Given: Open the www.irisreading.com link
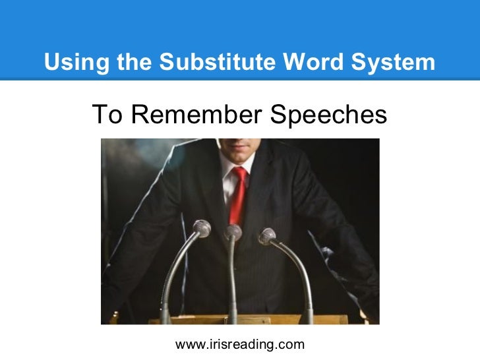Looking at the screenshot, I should click(x=239, y=344).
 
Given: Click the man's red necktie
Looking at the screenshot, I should click(x=237, y=198).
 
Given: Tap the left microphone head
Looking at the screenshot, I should click(x=202, y=229).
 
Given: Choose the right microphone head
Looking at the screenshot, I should click(x=267, y=235).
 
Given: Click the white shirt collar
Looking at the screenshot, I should click(x=227, y=173).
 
